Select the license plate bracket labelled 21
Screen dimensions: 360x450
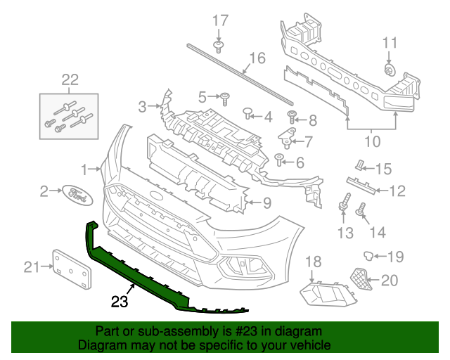[x=72, y=268]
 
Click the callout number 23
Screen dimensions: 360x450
[x=120, y=302]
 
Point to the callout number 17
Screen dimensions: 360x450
[x=220, y=20]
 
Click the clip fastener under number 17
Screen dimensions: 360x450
[x=219, y=46]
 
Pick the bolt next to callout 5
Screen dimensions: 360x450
[x=225, y=96]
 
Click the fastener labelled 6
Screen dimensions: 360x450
[x=280, y=160]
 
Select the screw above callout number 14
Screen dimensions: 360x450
[x=364, y=208]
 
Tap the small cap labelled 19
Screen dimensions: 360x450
[x=367, y=254]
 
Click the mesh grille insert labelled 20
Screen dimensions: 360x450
[x=361, y=279]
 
